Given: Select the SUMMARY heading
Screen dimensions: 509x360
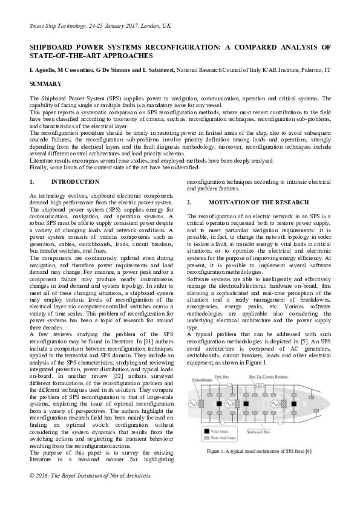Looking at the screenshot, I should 45,83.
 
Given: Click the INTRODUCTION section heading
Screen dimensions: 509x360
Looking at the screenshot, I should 75,182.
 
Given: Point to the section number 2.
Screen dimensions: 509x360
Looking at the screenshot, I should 189,202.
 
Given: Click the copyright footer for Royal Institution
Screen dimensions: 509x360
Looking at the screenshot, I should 90,493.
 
